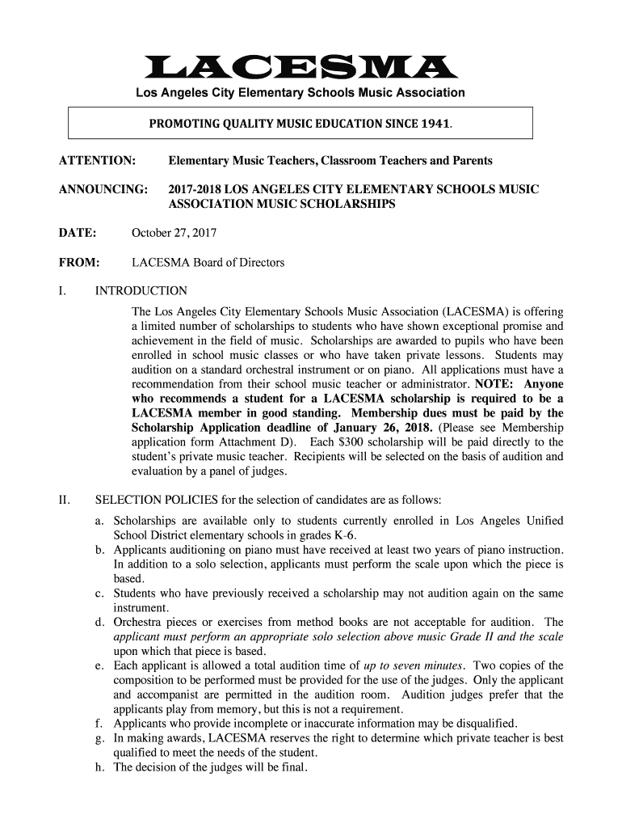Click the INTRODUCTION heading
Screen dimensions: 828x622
pos(141,291)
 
